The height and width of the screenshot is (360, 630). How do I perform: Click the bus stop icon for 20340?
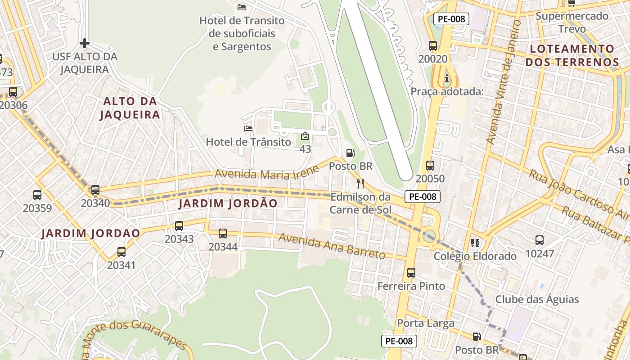[95, 190]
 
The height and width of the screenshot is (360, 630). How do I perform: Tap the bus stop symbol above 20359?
[37, 195]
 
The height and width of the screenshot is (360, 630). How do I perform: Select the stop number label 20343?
[179, 239]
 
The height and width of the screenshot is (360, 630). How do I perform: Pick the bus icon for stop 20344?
[223, 234]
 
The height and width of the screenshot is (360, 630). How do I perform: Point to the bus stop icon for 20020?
[433, 46]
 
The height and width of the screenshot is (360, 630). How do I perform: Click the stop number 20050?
[430, 179]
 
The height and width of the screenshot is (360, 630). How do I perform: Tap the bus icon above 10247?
[540, 240]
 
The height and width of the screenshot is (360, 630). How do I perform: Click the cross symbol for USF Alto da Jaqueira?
[85, 43]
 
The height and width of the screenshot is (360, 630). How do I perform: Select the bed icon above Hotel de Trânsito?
[248, 129]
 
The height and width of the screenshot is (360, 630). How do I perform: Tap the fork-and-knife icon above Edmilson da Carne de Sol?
[360, 183]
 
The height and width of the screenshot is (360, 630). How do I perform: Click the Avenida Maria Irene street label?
[267, 173]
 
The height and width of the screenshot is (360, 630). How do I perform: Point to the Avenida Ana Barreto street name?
[332, 246]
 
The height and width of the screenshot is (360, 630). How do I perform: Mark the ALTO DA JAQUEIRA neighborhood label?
[130, 108]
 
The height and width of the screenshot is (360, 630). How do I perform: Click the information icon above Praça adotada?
[446, 78]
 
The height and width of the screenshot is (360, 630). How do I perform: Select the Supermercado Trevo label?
[572, 22]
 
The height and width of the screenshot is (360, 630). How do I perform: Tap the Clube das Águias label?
[537, 299]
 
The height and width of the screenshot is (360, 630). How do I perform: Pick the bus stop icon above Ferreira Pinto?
[411, 272]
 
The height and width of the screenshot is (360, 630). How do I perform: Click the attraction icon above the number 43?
[305, 135]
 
